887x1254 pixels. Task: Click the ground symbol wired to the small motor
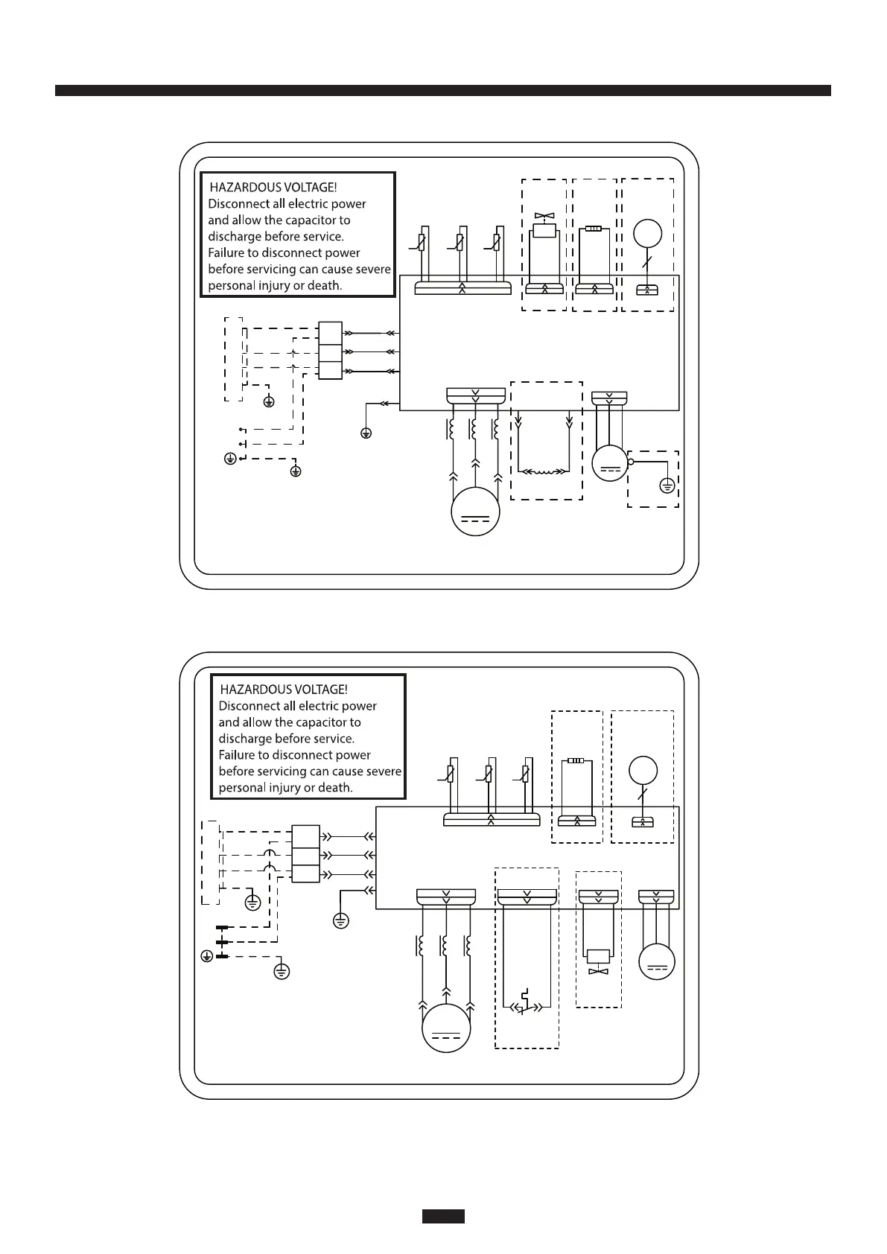tap(667, 486)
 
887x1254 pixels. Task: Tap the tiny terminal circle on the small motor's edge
tap(631, 462)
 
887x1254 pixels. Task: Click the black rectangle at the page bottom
tap(443, 1216)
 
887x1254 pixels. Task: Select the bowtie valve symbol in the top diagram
tap(544, 217)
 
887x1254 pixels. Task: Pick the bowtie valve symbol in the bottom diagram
tap(598, 972)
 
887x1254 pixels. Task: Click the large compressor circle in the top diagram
tap(475, 512)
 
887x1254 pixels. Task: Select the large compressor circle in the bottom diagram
tap(446, 1028)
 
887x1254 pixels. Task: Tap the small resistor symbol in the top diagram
tap(594, 229)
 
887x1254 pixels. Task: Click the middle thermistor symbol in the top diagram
tap(460, 243)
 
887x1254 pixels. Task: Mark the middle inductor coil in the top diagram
tap(473, 430)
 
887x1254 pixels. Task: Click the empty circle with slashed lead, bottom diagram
tap(643, 771)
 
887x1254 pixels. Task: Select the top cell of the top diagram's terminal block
tap(330, 331)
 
